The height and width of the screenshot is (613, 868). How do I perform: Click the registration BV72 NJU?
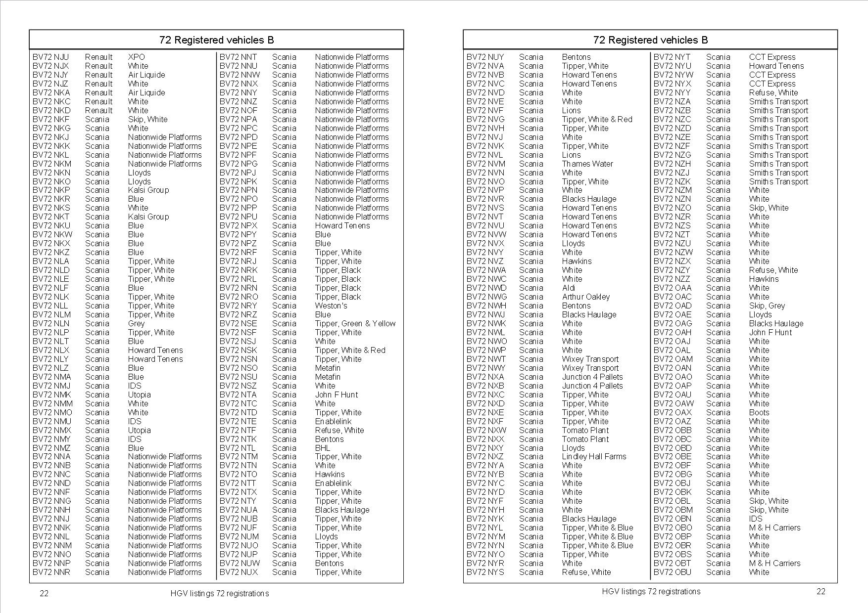pyautogui.click(x=50, y=57)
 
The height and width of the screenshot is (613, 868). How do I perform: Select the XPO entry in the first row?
pyautogui.click(x=136, y=57)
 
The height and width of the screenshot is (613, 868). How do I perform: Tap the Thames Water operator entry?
pyautogui.click(x=587, y=164)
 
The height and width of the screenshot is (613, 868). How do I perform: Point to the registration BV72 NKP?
pyautogui.click(x=51, y=190)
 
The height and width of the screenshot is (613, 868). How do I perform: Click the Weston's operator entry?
pyautogui.click(x=331, y=306)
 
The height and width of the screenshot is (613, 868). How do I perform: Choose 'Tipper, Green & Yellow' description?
pyautogui.click(x=355, y=323)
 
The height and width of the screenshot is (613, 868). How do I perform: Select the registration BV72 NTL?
pyautogui.click(x=238, y=448)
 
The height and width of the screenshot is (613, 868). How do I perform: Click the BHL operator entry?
pyautogui.click(x=322, y=448)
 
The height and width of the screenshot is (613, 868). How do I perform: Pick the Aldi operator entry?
pyautogui.click(x=569, y=288)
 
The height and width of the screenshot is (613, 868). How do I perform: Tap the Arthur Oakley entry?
pyautogui.click(x=585, y=297)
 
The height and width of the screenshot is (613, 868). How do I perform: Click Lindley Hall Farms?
pyautogui.click(x=594, y=456)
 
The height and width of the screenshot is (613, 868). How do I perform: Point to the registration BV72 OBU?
pyautogui.click(x=672, y=572)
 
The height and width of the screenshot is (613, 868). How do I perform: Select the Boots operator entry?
pyautogui.click(x=759, y=412)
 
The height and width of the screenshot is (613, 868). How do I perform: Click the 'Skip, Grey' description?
pyautogui.click(x=767, y=306)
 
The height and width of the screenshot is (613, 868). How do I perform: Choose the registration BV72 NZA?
pyautogui.click(x=672, y=101)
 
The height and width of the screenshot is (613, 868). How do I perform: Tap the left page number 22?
pyautogui.click(x=44, y=593)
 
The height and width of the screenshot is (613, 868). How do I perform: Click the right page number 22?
pyautogui.click(x=820, y=591)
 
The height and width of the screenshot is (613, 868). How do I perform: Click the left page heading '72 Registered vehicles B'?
pyautogui.click(x=216, y=40)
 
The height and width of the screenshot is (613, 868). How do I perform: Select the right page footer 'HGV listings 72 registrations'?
pyautogui.click(x=651, y=591)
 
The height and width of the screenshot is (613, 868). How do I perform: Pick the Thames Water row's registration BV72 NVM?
pyautogui.click(x=485, y=164)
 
